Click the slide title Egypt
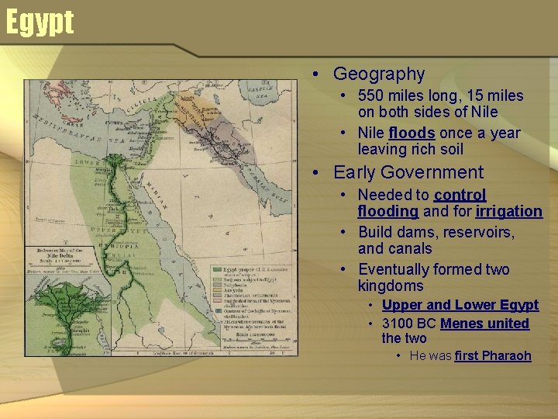[x=40, y=23]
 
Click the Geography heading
[x=379, y=74]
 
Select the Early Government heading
[x=408, y=173]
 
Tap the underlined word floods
[x=412, y=133]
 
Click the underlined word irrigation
[x=508, y=212]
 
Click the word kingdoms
[x=391, y=286]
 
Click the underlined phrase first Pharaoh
[x=493, y=356]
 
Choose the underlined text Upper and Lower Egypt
[x=460, y=305]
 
